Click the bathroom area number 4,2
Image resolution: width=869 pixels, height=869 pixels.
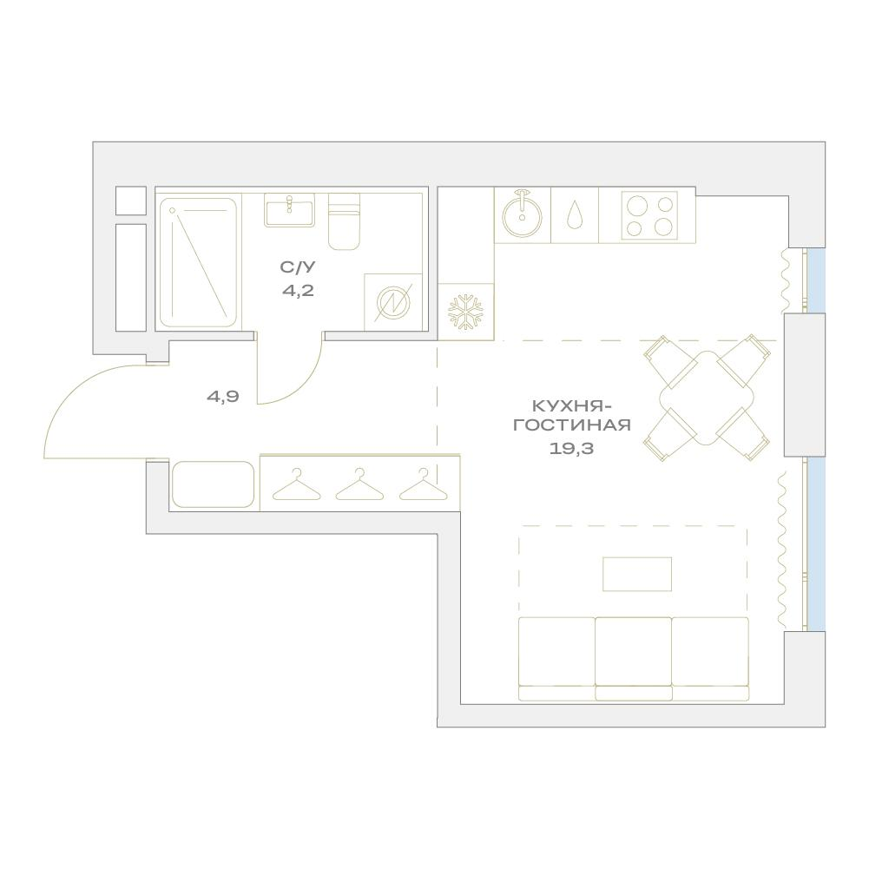(298, 291)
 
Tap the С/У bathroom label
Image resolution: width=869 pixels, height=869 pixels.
(298, 267)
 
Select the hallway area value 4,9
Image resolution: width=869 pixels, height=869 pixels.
(223, 397)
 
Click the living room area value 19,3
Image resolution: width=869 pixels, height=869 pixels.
(571, 449)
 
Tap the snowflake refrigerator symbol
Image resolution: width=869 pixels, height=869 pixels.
(465, 312)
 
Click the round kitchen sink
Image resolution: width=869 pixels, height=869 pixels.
(522, 215)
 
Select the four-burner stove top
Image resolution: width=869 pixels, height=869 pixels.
(649, 215)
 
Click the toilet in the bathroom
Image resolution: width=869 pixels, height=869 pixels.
(344, 221)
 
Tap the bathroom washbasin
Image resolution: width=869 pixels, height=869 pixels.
(289, 210)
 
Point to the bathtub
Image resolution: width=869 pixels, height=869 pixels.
(198, 263)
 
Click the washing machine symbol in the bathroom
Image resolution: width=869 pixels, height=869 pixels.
(393, 303)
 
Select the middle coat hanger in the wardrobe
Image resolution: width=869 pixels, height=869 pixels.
(360, 484)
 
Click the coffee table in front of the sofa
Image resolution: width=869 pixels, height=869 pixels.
(637, 574)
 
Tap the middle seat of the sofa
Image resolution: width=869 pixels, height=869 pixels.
(633, 652)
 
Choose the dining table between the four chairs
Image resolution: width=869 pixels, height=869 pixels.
(706, 398)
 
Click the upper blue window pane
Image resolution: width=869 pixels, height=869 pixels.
(816, 280)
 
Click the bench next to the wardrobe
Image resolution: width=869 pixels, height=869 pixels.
(214, 484)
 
